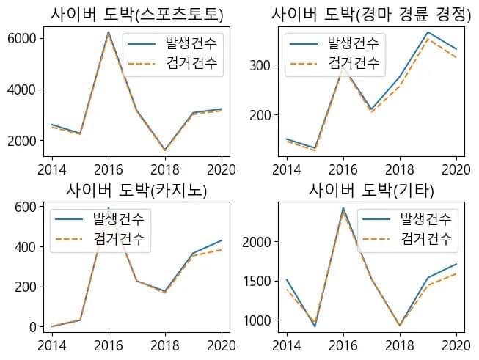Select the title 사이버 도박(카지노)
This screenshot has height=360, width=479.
(136, 191)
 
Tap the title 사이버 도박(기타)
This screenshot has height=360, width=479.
(371, 191)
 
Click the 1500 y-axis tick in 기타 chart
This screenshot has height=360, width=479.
(257, 281)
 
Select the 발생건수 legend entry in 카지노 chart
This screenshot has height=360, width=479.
(118, 219)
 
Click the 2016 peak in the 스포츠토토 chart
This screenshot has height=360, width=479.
(109, 32)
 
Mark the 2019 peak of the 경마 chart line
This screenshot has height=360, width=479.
(427, 32)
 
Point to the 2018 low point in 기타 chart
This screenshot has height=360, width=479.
(399, 325)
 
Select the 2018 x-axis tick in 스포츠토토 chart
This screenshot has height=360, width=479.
(165, 169)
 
